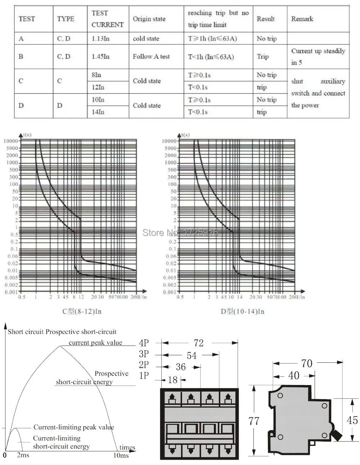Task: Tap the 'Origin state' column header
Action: point(149,19)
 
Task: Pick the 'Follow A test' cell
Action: point(151,57)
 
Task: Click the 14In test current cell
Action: point(98,112)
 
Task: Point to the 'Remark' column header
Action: point(302,19)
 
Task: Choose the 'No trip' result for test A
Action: point(266,39)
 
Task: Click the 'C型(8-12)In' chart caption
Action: point(82,311)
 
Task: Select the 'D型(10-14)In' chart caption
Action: point(242,311)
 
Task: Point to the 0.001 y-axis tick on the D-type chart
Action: point(170,292)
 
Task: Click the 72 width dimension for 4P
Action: point(198,343)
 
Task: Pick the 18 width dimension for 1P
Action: point(173,379)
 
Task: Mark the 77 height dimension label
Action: point(254,421)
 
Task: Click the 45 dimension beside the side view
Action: point(352,420)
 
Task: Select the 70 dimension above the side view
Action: point(307,364)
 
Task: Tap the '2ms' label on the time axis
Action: point(23,455)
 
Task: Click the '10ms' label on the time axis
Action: point(121,455)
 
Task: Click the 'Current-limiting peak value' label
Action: point(73,427)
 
